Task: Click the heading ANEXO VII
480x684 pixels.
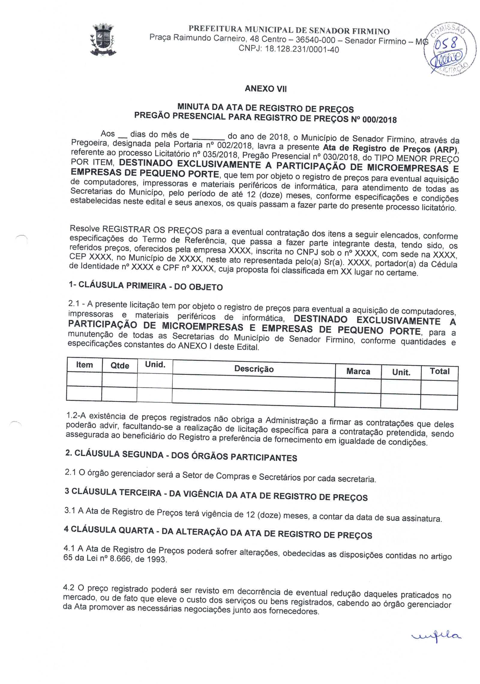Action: [x=266, y=89]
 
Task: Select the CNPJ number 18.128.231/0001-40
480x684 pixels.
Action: [x=302, y=49]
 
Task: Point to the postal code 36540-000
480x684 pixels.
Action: [x=311, y=40]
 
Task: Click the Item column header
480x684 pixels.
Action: [x=84, y=365]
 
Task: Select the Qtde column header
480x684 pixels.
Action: [x=120, y=366]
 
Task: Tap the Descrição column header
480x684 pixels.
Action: [x=254, y=369]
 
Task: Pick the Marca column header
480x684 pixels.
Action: [x=358, y=371]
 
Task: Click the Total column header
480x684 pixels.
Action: [x=439, y=371]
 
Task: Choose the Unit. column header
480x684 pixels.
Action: [x=401, y=372]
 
